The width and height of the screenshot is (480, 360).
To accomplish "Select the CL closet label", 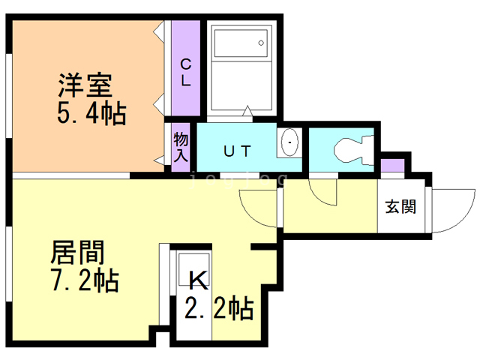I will (185, 73).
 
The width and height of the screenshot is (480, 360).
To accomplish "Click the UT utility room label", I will (236, 150).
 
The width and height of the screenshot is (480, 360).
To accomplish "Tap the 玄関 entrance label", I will (400, 206).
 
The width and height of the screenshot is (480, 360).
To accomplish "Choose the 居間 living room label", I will (77, 251).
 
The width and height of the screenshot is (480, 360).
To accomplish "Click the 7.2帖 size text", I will (84, 281).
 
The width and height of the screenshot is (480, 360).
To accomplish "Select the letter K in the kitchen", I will (198, 281).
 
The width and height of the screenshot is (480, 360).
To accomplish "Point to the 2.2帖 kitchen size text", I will (218, 308).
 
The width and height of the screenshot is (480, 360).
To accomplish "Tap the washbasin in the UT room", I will (289, 142).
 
